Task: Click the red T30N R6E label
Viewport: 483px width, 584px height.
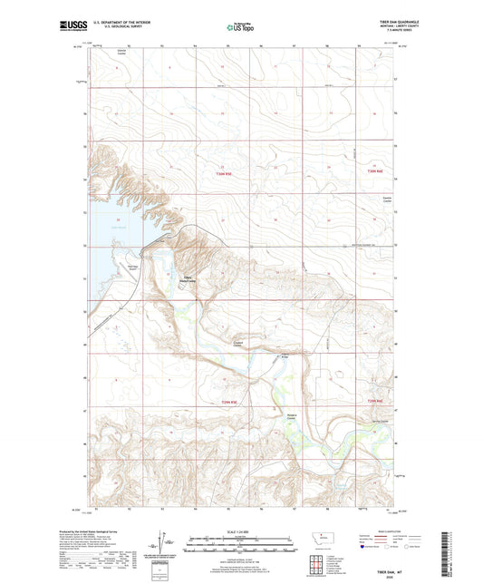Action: (370, 172)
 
